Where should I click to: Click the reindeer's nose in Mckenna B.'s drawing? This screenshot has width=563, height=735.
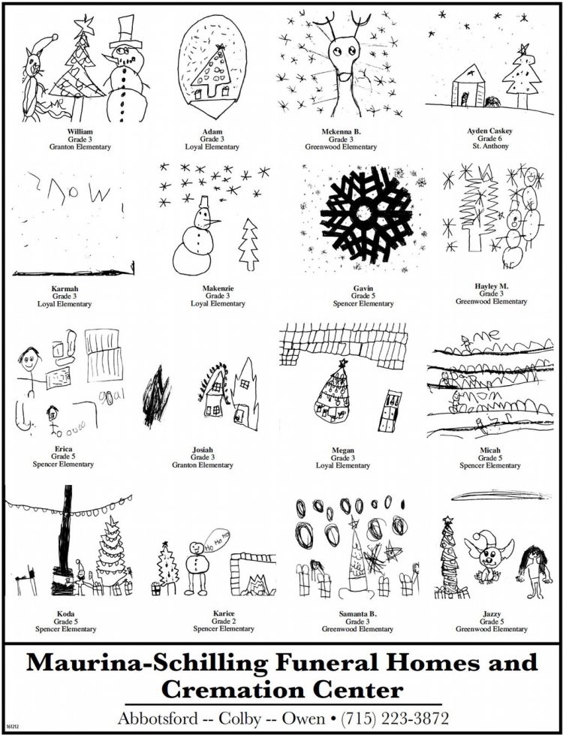344,76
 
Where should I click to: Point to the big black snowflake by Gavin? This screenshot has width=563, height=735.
367,212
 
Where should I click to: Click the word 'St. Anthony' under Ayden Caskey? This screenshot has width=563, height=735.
490,146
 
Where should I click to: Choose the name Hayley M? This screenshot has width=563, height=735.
491,286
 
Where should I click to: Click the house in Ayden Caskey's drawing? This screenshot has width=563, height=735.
466,91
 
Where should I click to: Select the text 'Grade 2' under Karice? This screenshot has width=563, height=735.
224,621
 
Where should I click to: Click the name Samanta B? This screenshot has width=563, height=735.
342,613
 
